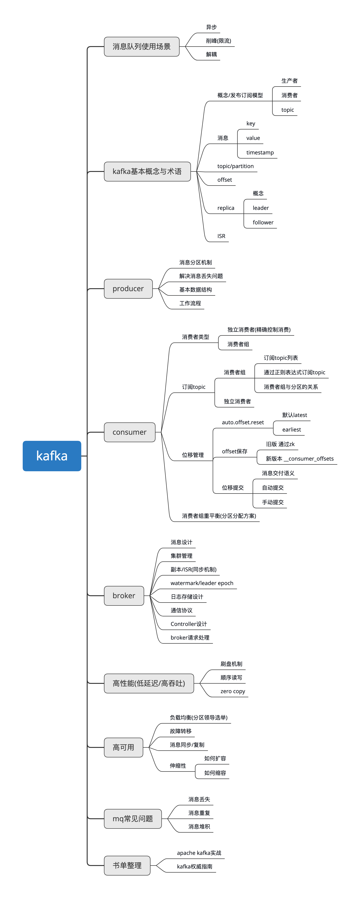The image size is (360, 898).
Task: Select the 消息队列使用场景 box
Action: [141, 46]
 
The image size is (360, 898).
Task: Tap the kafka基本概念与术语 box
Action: [147, 171]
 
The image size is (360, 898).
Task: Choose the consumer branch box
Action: [129, 432]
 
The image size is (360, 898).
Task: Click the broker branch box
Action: [124, 595]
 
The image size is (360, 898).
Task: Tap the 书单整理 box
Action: [127, 865]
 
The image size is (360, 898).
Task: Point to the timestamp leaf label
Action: [260, 152]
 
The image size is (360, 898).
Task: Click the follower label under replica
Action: [263, 222]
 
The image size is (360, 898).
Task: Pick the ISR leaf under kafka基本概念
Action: [221, 236]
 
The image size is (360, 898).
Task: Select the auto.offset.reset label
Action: [243, 422]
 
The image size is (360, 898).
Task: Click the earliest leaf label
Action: [291, 429]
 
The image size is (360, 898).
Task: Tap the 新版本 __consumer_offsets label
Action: [299, 458]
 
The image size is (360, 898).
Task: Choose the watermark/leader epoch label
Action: [202, 583]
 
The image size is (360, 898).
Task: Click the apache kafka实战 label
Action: [199, 853]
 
